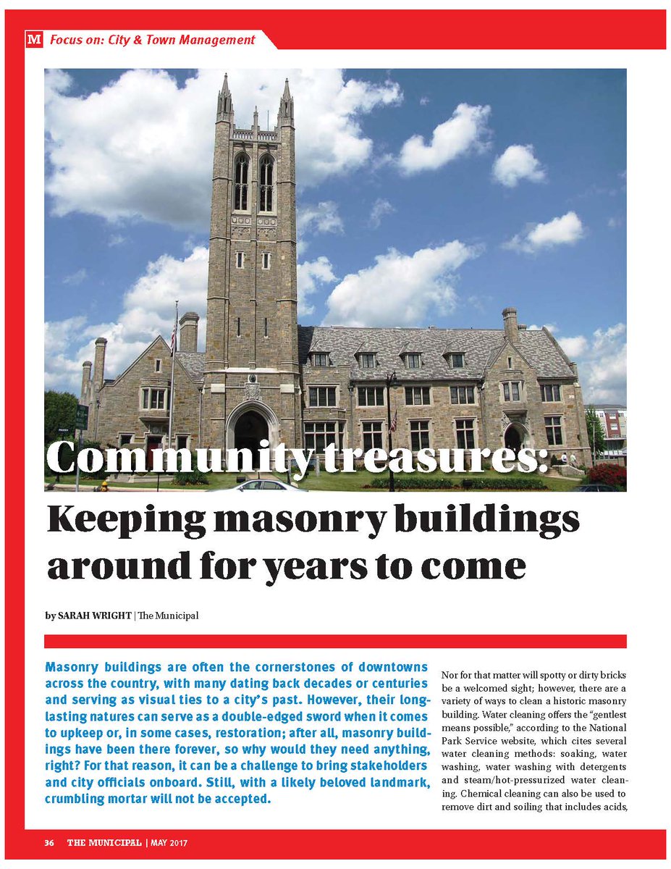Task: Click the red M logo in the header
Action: point(33,41)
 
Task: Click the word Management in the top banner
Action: point(219,41)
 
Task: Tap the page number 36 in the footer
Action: point(49,843)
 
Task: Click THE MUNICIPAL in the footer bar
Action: point(105,843)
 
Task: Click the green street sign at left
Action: point(81,417)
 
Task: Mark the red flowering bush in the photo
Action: point(607,475)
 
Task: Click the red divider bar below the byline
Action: point(335,642)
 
